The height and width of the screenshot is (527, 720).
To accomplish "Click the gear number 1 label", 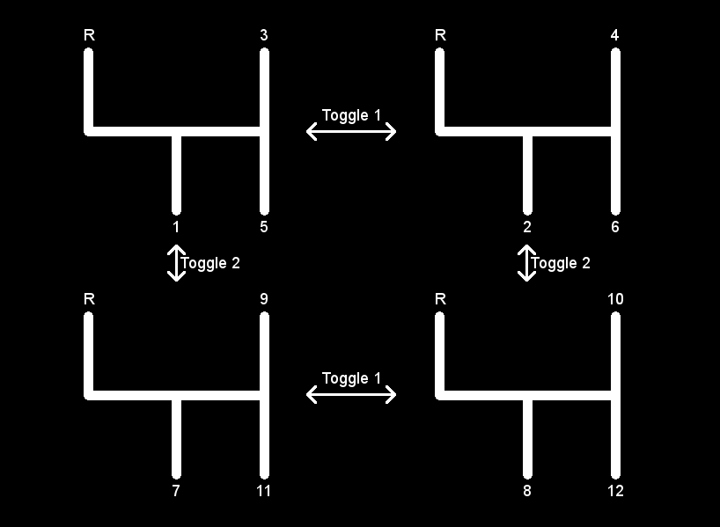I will coord(176,227).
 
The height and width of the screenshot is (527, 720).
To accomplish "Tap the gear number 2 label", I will coord(527,227).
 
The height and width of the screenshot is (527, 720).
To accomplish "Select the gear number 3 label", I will coord(264,35).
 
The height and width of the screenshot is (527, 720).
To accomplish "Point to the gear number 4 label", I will coord(615,35).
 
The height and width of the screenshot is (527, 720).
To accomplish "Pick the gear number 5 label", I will coord(264,227).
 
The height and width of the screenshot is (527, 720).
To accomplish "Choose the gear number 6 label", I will coord(615,227).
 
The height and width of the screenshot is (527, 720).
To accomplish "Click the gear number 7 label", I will coord(176,491).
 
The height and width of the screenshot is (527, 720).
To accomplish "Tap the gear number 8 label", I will coord(527,491).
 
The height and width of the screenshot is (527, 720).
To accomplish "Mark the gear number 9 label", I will coord(264,299).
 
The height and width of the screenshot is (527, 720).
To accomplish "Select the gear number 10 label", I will coord(615,299).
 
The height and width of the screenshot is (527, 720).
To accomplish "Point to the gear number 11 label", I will coord(264,491).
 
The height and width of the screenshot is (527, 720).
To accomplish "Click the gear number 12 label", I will coord(615,491).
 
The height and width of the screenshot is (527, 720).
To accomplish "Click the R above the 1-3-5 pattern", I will coord(89,35).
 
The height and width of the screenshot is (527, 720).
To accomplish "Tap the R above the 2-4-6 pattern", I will coord(440,35).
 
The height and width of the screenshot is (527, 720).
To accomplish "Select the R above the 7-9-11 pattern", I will coord(89,299).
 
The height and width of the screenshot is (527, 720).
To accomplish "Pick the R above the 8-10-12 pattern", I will coord(440,299).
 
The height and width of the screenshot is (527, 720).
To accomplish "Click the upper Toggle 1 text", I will coord(351,115).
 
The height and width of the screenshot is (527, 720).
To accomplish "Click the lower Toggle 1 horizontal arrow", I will coord(351,394).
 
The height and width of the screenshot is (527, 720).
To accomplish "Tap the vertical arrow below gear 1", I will coord(176,262).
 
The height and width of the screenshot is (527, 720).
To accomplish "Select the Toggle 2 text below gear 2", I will coord(561,263).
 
